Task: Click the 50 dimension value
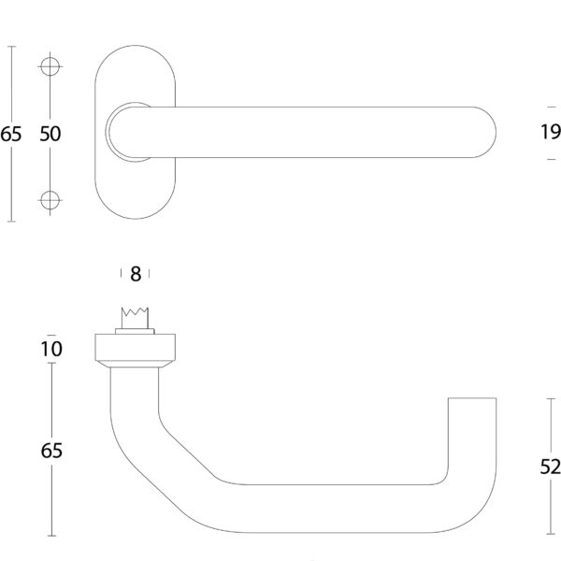[x=50, y=134]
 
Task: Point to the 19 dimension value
[x=550, y=134]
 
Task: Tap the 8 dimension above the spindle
[x=136, y=274]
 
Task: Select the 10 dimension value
[x=51, y=349]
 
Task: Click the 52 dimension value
[x=551, y=467]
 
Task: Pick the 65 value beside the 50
[x=10, y=134]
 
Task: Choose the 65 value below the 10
[x=51, y=451]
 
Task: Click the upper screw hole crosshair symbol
[x=50, y=67]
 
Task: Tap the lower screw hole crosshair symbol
[x=50, y=199]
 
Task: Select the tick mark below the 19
[x=550, y=160]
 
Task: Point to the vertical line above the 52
[x=550, y=425]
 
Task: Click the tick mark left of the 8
[x=122, y=273]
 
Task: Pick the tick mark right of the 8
[x=150, y=273]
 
